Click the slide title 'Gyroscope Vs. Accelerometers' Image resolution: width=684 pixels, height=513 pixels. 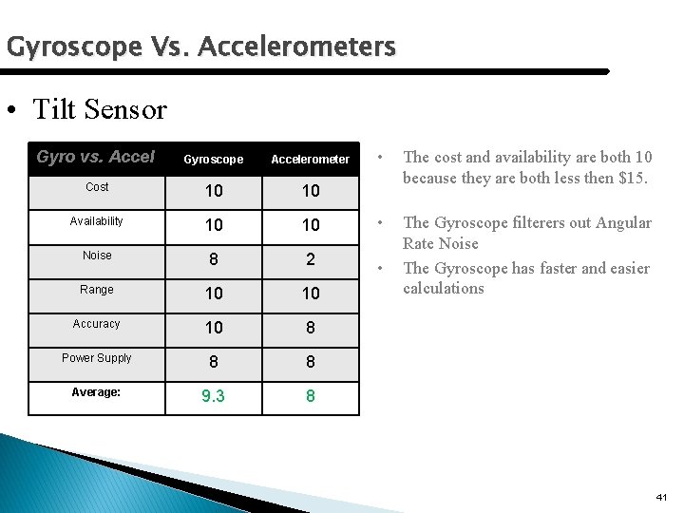tap(200, 46)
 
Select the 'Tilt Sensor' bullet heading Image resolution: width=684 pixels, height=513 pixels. tap(99, 109)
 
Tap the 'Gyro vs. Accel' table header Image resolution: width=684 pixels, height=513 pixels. tap(95, 157)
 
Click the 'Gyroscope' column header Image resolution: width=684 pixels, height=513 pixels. tap(213, 160)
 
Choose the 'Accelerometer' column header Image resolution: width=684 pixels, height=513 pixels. tap(310, 160)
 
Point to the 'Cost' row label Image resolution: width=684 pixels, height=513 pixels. tap(97, 187)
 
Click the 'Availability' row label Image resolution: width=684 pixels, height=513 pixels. tap(97, 221)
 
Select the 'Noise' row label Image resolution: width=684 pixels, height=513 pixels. tap(97, 256)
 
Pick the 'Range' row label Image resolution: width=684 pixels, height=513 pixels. tap(97, 290)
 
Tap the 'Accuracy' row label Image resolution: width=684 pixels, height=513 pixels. tap(97, 324)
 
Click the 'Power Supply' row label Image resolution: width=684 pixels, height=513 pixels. tap(97, 358)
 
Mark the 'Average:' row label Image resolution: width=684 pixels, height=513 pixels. tap(97, 392)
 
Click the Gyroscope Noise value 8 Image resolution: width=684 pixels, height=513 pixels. tap(214, 259)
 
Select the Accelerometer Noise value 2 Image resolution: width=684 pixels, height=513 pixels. tap(311, 259)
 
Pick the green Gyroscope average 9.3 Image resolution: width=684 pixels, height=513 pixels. tap(214, 396)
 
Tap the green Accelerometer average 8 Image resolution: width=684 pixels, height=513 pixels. tap(311, 396)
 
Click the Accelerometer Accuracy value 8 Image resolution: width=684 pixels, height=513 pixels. tap(311, 328)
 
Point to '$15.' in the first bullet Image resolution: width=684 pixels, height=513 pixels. tap(628, 178)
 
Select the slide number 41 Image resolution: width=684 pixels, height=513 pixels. tap(661, 497)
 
